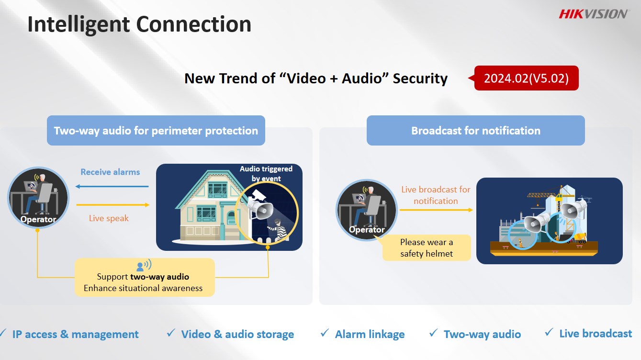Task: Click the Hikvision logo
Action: [594, 14]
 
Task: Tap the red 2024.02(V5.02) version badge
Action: [526, 78]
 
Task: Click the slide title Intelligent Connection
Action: [139, 24]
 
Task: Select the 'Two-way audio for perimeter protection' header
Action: [156, 131]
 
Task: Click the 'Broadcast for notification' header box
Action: [475, 131]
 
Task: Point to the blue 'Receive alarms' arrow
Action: [112, 187]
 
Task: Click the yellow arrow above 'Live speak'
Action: [113, 205]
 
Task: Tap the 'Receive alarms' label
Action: [110, 172]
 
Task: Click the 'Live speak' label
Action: [109, 218]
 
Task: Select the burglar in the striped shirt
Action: [277, 229]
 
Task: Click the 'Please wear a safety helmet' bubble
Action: [427, 248]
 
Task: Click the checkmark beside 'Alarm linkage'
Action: [325, 333]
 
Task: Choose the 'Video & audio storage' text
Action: [237, 334]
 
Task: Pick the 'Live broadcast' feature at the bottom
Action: [596, 334]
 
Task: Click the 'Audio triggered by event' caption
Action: [266, 174]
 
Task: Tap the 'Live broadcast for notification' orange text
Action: [436, 195]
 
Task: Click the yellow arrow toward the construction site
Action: [437, 210]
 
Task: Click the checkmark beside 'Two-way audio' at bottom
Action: [433, 333]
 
